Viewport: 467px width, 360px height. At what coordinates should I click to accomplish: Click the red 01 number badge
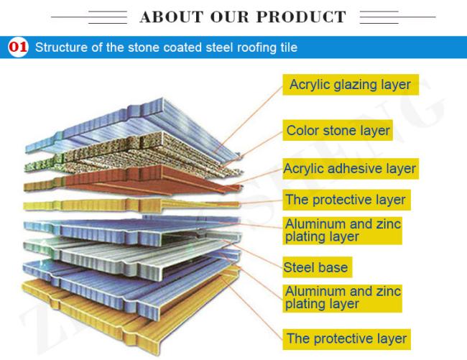[x=18, y=47]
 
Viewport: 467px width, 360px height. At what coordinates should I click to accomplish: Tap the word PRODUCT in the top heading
[x=301, y=17]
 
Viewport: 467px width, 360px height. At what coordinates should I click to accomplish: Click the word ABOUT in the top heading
[x=171, y=17]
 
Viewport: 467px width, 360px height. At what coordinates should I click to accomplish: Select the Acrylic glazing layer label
[x=351, y=85]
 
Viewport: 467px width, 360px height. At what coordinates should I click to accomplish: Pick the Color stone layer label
[x=338, y=131]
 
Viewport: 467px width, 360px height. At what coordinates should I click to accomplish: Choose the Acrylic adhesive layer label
[x=351, y=169]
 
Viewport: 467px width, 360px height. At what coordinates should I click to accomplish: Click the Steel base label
[x=317, y=267]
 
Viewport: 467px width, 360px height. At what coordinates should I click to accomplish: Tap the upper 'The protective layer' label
[x=346, y=200]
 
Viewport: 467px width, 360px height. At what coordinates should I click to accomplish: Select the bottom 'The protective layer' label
[x=346, y=339]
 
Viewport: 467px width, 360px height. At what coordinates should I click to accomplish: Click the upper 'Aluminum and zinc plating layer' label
[x=342, y=231]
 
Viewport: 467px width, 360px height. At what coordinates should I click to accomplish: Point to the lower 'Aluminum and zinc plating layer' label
[x=342, y=297]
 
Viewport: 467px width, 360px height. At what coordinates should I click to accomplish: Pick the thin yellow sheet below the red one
[x=131, y=205]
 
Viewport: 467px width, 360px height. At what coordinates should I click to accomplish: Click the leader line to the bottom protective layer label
[x=251, y=308]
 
